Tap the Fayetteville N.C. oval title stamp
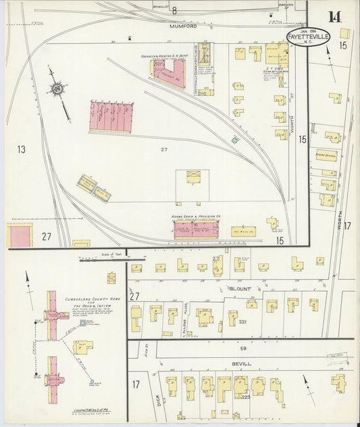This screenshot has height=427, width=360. point(308,39)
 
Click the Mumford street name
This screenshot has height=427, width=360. point(183,27)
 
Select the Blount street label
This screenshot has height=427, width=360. point(239,288)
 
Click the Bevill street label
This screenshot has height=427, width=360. point(241,363)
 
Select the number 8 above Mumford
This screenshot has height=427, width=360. point(174,10)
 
